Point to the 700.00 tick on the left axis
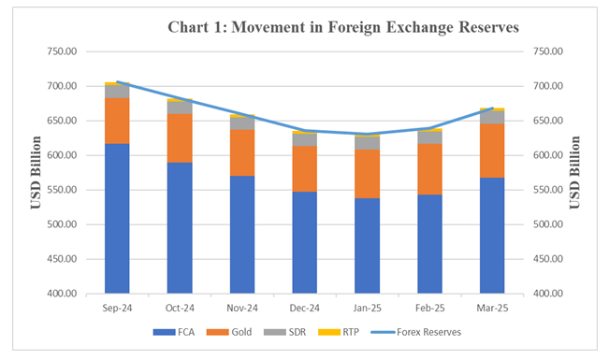coord(65,86)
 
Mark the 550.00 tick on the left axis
coord(65,190)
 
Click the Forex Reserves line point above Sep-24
coord(117,82)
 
